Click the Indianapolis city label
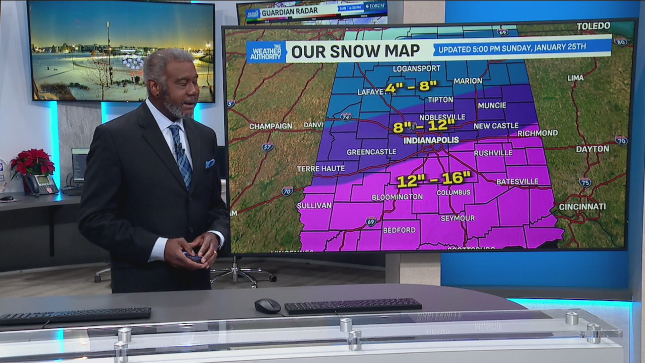click(431, 140)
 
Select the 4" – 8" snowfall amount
click(411, 87)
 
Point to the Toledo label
click(593, 26)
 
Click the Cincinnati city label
click(582, 207)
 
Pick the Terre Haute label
click(321, 169)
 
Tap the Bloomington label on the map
click(397, 197)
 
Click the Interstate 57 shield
click(267, 147)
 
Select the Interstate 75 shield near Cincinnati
click(585, 182)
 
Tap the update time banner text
click(512, 48)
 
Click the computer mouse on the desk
click(267, 306)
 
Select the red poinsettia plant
click(33, 163)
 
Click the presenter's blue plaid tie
click(181, 155)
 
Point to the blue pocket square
click(210, 164)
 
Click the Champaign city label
click(271, 126)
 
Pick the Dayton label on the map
click(592, 149)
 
